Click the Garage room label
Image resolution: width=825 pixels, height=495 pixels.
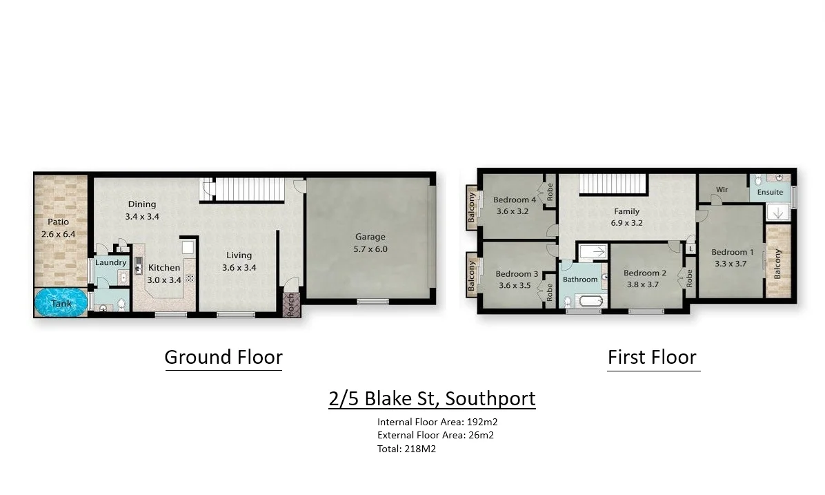point(370,237)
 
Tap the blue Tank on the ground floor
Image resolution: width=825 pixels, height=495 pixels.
point(61,302)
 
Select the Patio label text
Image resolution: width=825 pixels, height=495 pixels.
point(58,222)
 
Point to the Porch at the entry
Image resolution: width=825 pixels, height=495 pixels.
point(290,304)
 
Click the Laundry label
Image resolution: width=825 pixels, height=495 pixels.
point(111,262)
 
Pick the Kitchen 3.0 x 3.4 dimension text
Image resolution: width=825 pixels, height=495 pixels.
point(164,280)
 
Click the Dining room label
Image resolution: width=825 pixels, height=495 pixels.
point(142,204)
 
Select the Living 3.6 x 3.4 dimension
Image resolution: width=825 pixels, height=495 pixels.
point(239,268)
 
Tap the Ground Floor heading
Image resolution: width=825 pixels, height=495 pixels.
point(223,357)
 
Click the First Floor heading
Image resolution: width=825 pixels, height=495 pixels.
point(652,357)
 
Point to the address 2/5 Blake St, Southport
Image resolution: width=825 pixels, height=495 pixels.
point(432,398)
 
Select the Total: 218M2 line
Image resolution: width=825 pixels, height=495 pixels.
point(406,449)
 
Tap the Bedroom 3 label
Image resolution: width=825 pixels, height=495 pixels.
point(517,274)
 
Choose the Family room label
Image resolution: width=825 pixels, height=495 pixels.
point(626,211)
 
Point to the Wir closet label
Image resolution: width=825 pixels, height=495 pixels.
point(722,190)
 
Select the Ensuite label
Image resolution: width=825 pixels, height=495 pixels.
point(770,192)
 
